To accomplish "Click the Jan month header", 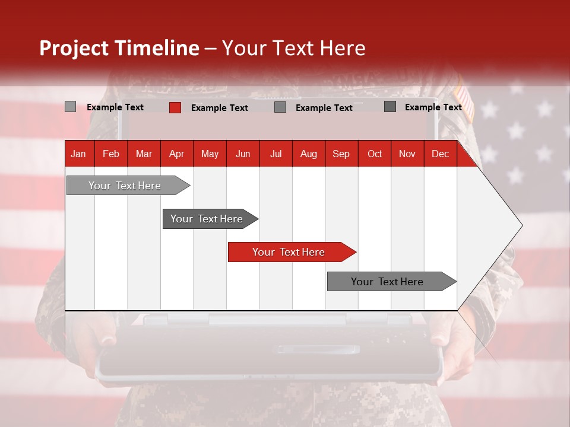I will coord(79,154).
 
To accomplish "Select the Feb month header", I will coord(111,154).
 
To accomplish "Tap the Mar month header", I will coord(144,154).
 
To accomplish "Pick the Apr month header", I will coord(177,154).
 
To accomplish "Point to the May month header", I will coord(210,154).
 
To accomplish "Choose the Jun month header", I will coord(243,154).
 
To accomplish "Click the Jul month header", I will coord(275,154).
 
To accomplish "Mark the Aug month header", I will coord(309,154).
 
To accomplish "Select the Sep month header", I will coord(341,154).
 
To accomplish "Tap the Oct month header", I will coord(375,154).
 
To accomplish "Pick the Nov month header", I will coord(407,154).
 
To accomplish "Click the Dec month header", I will coord(441,154).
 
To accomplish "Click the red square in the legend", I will coord(175,107).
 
